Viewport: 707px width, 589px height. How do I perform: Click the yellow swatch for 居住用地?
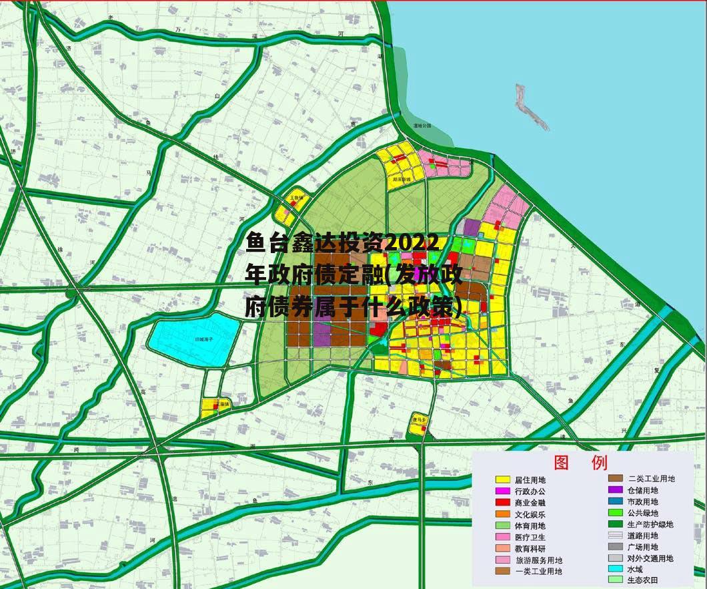pyautogui.click(x=503, y=479)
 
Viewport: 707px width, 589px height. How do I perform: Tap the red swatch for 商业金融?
pyautogui.click(x=503, y=502)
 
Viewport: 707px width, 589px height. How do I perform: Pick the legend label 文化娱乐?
pyautogui.click(x=530, y=514)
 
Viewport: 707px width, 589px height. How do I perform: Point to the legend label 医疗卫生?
pyautogui.click(x=530, y=537)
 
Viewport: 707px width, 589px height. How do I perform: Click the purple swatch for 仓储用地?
pyautogui.click(x=616, y=490)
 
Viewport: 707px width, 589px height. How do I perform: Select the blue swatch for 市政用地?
pyautogui.click(x=616, y=502)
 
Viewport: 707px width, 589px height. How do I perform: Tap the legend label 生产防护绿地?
pyautogui.click(x=650, y=524)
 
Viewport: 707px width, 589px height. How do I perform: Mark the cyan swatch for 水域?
pyautogui.click(x=616, y=569)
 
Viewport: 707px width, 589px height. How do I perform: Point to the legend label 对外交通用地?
pyautogui.click(x=650, y=558)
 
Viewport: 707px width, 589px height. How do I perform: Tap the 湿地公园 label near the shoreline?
pyautogui.click(x=422, y=125)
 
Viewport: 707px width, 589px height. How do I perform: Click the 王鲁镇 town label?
pyautogui.click(x=296, y=198)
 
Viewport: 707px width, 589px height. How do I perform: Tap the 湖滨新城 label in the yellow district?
pyautogui.click(x=402, y=180)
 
